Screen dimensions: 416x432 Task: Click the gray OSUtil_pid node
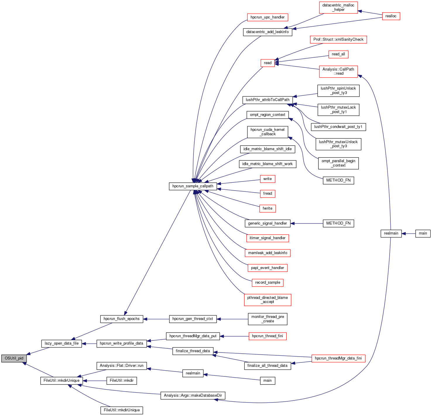click(x=14, y=358)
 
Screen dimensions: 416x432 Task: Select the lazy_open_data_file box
click(x=61, y=343)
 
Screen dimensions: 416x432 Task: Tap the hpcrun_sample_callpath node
click(x=193, y=186)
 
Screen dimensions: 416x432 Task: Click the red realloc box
click(x=391, y=16)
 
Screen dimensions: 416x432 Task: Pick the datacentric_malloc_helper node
click(x=338, y=8)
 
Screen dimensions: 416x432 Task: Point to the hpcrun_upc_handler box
click(x=268, y=17)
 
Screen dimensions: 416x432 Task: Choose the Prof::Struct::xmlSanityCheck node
click(x=338, y=40)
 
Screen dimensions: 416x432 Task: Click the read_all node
click(x=338, y=54)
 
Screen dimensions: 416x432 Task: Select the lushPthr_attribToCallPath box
click(x=268, y=100)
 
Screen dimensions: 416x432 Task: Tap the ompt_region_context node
click(x=268, y=115)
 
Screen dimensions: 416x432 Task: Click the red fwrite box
click(x=268, y=208)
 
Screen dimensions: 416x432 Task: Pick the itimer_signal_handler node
click(x=268, y=238)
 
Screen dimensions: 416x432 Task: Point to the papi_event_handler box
click(x=268, y=268)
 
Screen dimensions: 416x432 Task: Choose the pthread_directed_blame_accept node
click(x=268, y=300)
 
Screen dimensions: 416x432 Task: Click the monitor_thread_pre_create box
click(x=268, y=319)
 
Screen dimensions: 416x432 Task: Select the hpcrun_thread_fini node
click(x=268, y=336)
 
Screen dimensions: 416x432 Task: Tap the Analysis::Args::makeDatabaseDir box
click(x=193, y=396)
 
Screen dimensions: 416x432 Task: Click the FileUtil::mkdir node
click(x=122, y=381)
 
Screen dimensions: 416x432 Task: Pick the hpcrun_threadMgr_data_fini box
click(x=338, y=358)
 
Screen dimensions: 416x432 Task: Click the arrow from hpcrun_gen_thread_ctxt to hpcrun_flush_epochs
click(x=156, y=319)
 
